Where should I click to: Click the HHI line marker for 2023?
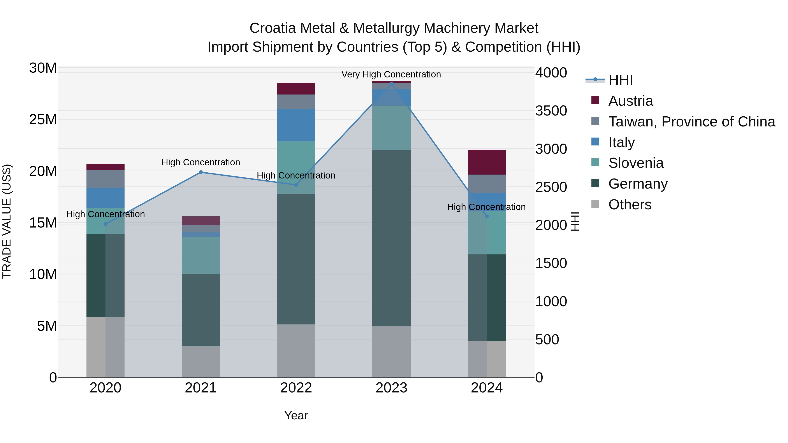[391, 83]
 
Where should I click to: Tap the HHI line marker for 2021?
[201, 172]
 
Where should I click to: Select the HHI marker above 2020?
[106, 224]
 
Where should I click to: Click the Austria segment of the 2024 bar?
[486, 162]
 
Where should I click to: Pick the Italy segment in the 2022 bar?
[296, 125]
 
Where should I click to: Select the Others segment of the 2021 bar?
[201, 361]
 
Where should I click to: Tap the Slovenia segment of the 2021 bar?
[201, 255]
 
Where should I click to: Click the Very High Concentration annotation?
[391, 74]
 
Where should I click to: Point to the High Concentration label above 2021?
[201, 162]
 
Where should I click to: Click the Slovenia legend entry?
[636, 163]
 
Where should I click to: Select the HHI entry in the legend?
[620, 80]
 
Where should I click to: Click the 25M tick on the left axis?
[43, 119]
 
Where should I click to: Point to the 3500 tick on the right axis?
[551, 111]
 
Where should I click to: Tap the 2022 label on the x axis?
[296, 388]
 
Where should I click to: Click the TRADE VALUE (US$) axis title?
[7, 221]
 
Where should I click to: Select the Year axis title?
[296, 415]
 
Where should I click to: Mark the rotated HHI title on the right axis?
[575, 221]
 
